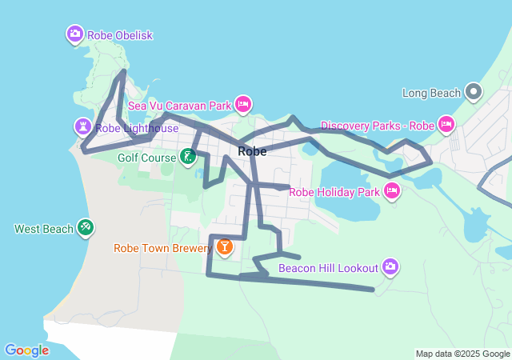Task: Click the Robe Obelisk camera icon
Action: point(74,34)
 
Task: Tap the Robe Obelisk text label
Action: point(119,35)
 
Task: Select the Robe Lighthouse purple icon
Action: point(83,126)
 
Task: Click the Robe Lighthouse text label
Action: point(136,127)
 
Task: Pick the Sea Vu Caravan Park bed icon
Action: point(243,104)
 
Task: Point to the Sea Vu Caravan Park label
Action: point(179,105)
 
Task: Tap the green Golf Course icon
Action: point(187,156)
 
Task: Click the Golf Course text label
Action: point(146,158)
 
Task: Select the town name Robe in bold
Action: point(252,151)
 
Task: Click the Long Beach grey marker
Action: point(474,92)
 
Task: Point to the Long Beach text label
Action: point(432,93)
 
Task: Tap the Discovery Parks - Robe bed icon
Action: point(446,124)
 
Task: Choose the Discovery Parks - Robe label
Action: point(376,126)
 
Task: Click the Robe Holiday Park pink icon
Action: point(391,190)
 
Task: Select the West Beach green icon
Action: point(86,228)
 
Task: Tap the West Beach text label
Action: point(44,229)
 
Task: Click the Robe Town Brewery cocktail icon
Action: point(224,247)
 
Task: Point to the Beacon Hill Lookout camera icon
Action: point(390,266)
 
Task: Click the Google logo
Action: point(27,350)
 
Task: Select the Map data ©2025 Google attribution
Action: point(462,354)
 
